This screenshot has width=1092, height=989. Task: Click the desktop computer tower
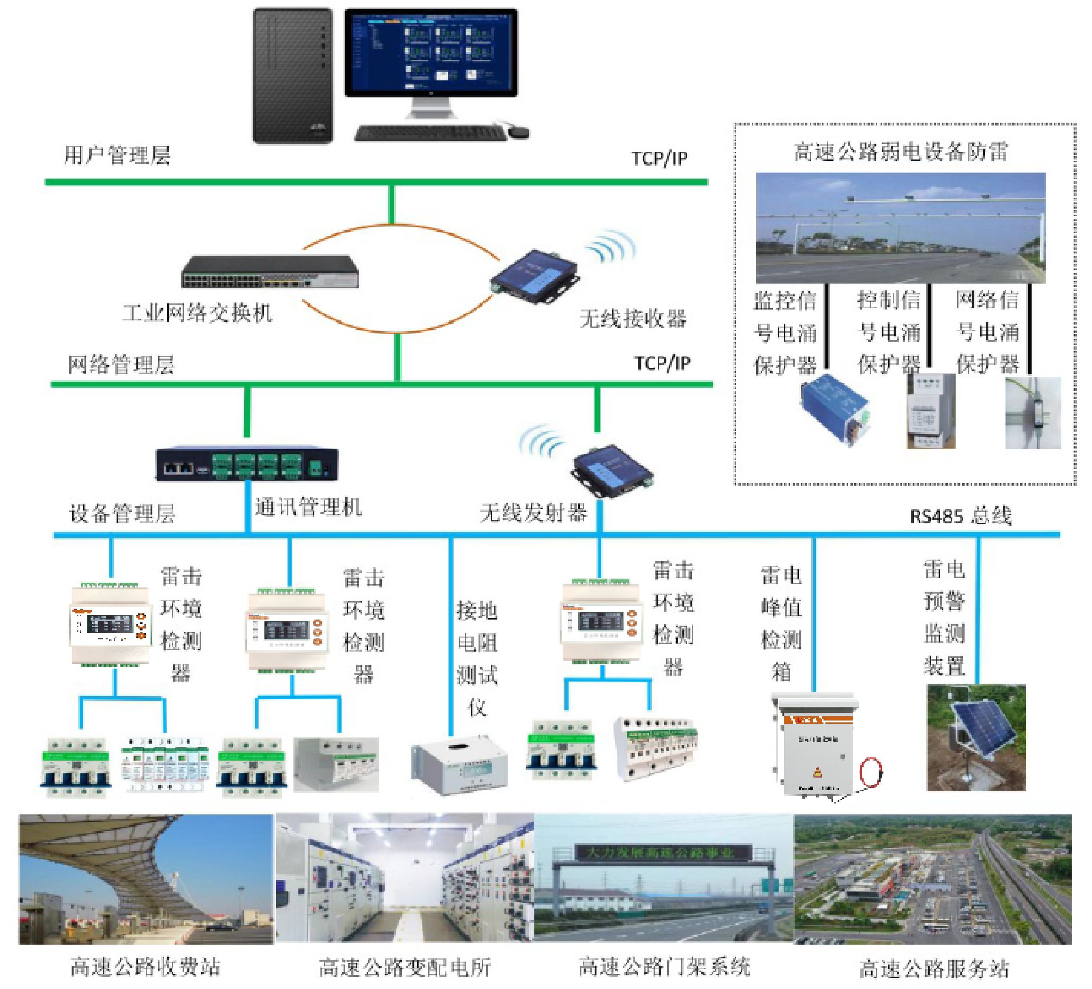[293, 76]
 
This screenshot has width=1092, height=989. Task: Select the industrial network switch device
[270, 272]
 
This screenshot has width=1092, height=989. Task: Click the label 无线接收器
[633, 318]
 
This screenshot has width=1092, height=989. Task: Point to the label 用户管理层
[118, 155]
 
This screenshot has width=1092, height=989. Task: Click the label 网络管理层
[121, 365]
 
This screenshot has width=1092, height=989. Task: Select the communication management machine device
[246, 465]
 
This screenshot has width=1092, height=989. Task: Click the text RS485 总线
[960, 516]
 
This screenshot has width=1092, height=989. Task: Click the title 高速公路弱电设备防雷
[900, 152]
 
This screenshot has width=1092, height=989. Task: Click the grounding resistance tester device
[459, 765]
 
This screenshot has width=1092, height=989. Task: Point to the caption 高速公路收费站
[145, 966]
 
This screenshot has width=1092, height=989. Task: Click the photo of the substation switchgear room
[404, 879]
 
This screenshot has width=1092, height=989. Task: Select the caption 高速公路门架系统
[664, 966]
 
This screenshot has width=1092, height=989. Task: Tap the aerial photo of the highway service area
[933, 879]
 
